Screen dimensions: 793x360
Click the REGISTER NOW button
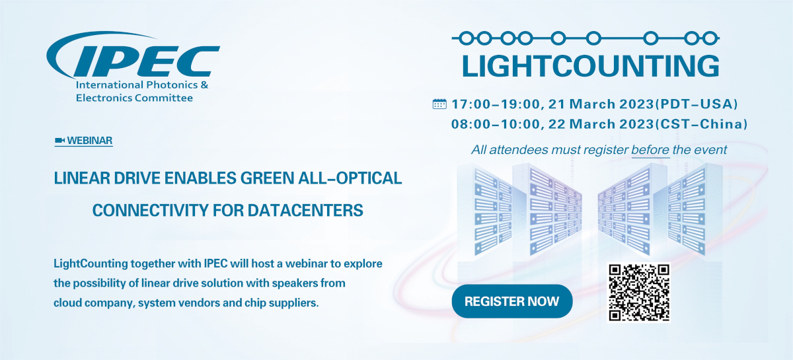(x=512, y=301)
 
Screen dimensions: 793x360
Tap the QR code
(x=638, y=293)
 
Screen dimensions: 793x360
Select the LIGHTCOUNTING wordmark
(x=591, y=66)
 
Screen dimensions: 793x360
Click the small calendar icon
(x=439, y=104)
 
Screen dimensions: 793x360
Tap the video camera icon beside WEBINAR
(x=59, y=141)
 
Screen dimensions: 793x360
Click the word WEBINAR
(x=90, y=141)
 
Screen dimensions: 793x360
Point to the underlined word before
(x=650, y=150)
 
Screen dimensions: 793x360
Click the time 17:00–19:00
(x=496, y=104)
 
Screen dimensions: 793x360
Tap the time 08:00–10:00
(x=496, y=124)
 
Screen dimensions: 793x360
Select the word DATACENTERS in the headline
(x=305, y=210)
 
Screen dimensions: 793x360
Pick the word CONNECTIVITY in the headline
(x=150, y=210)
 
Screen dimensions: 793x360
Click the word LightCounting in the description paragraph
(x=91, y=264)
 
